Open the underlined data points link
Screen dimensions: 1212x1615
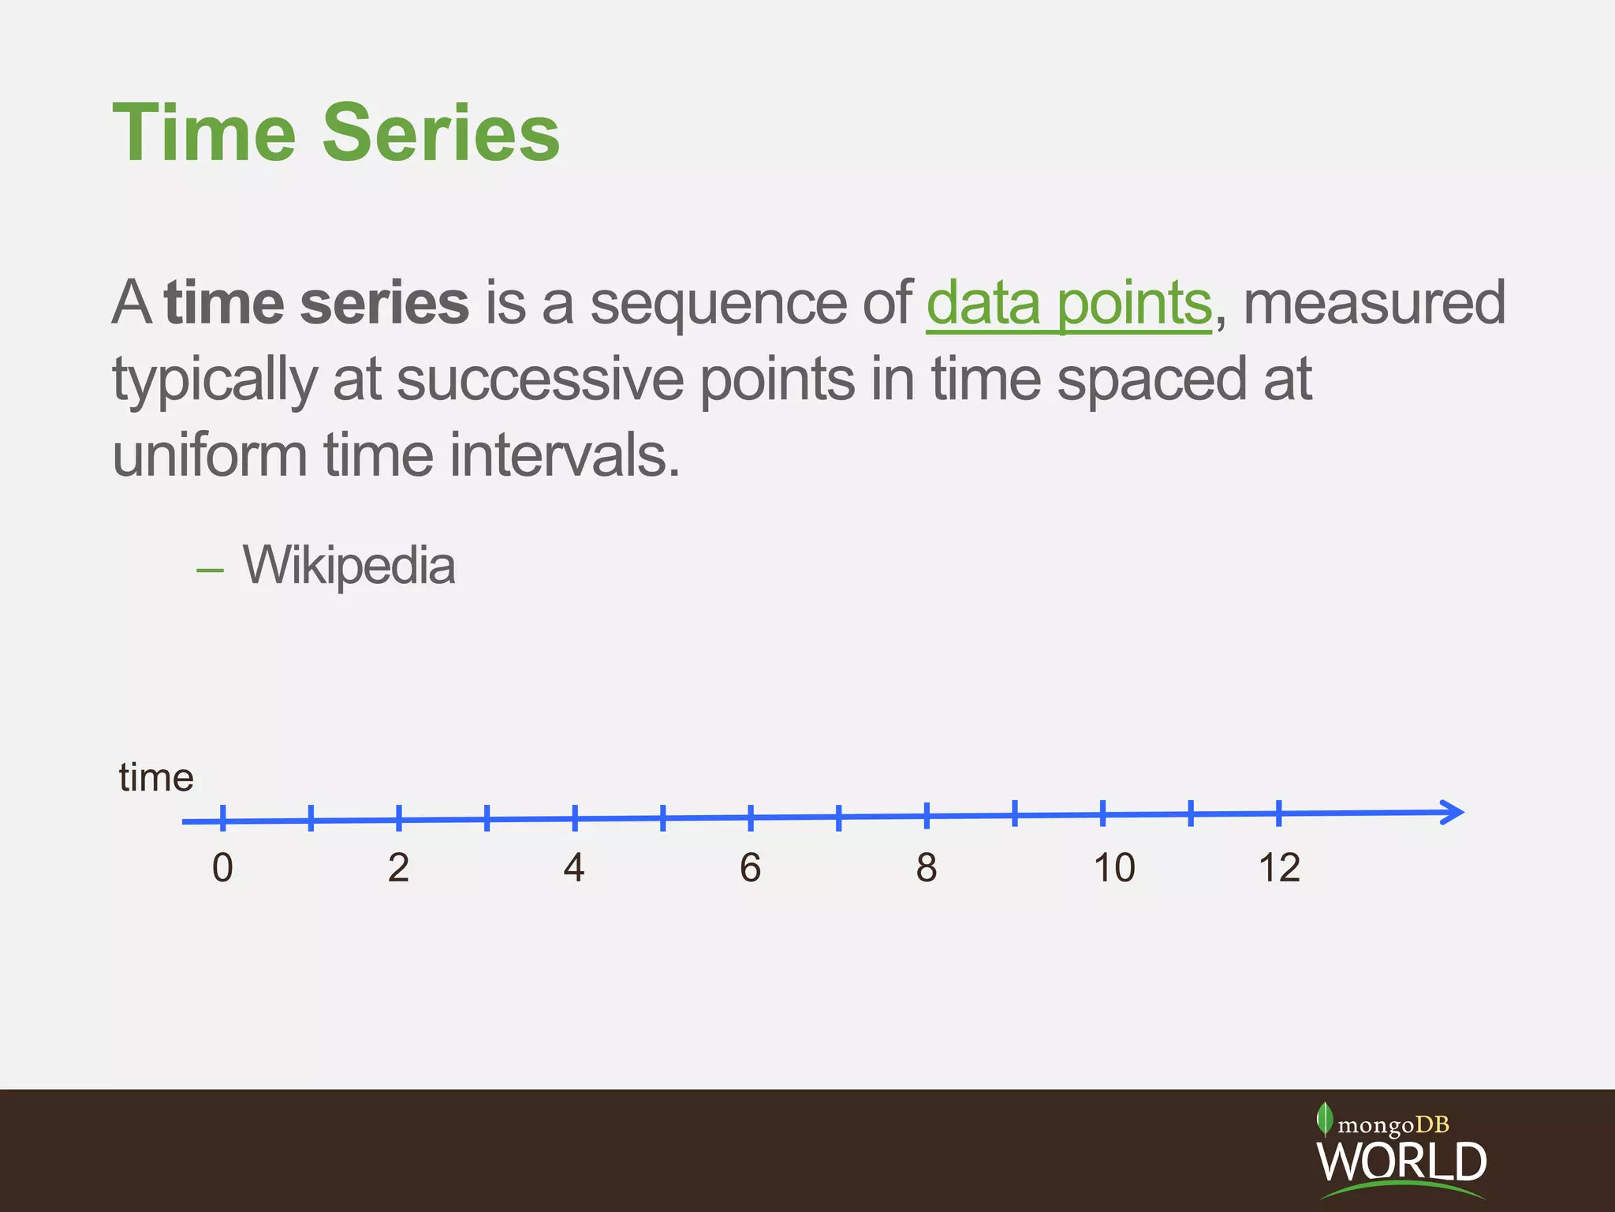(x=1068, y=304)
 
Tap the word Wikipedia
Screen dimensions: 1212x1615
(x=349, y=566)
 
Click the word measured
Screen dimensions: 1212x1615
(x=1374, y=304)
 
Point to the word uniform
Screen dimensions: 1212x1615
(x=209, y=456)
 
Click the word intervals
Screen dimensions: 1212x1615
(x=564, y=456)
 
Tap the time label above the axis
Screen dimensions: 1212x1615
(x=156, y=778)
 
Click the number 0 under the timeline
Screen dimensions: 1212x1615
(x=222, y=868)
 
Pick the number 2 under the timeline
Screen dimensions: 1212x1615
(x=398, y=868)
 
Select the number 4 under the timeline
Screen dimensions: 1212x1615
(x=574, y=868)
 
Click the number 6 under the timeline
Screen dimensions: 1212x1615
(x=750, y=868)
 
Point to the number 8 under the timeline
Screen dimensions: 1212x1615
(x=927, y=868)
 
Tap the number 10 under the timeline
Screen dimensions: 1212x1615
(x=1113, y=868)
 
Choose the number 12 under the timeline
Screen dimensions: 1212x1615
(x=1278, y=868)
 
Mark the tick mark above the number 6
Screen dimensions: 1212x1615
(x=751, y=817)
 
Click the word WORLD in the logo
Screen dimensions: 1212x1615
(x=1401, y=1161)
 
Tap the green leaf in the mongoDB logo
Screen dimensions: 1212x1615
(x=1325, y=1119)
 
